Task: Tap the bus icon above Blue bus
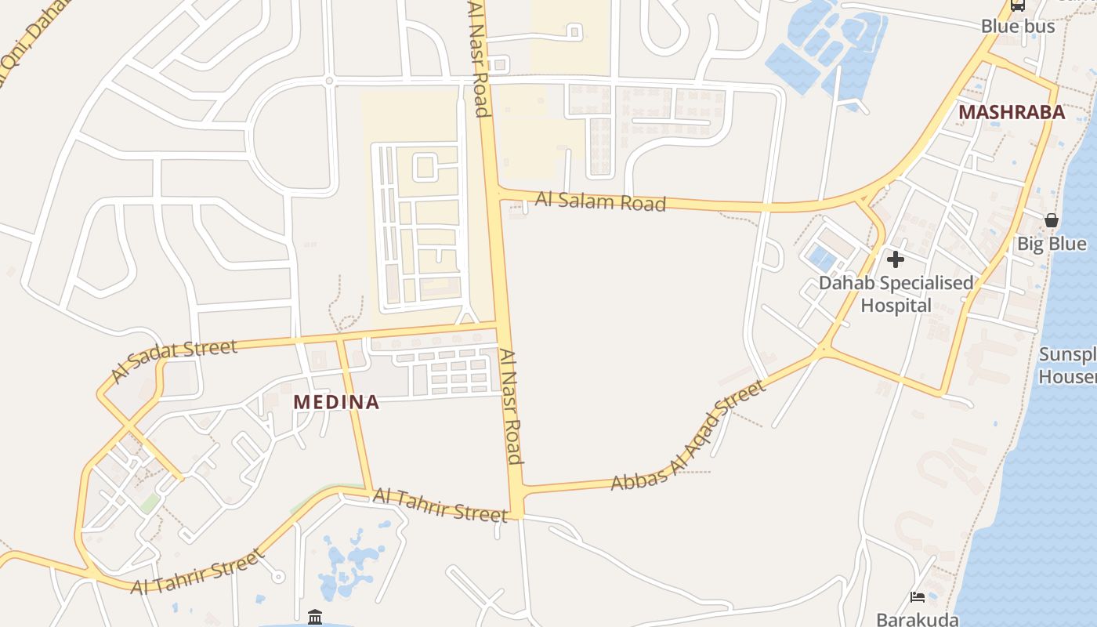(1017, 5)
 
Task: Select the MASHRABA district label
(1012, 112)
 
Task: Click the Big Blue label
(1052, 244)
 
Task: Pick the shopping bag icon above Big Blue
(1052, 220)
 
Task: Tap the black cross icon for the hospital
(896, 259)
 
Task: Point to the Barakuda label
(917, 619)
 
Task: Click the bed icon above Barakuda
(918, 597)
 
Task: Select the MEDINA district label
(335, 403)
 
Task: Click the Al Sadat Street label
(173, 360)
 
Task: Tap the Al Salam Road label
(600, 201)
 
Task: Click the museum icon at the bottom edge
(315, 618)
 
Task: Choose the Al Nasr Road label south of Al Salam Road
(512, 407)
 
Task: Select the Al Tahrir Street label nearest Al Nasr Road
(440, 504)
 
